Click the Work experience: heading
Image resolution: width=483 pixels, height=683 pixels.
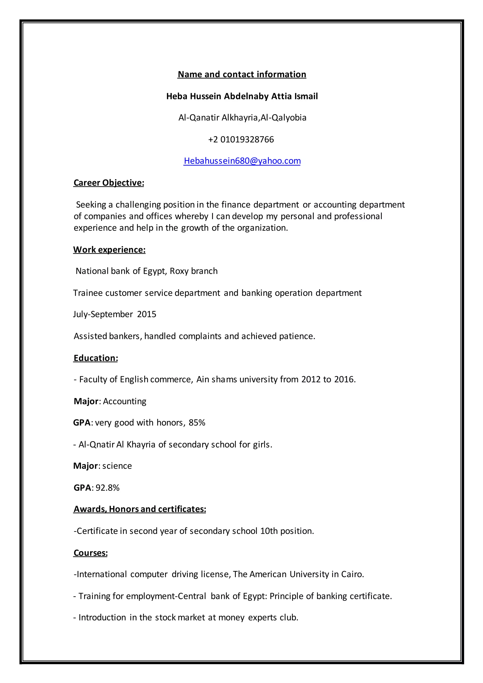coord(109,250)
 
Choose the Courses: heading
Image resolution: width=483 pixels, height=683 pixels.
coord(90,553)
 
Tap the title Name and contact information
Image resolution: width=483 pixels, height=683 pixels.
coord(242,74)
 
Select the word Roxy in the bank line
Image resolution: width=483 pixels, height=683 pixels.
coord(179,271)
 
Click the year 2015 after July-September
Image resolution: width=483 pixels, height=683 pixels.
coord(147,314)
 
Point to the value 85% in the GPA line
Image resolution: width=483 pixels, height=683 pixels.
coord(197,423)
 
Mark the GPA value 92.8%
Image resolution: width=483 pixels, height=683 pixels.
coord(107,488)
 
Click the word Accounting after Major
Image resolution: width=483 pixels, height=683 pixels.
coord(125,401)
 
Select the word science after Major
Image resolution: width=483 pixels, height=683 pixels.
coord(117,466)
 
